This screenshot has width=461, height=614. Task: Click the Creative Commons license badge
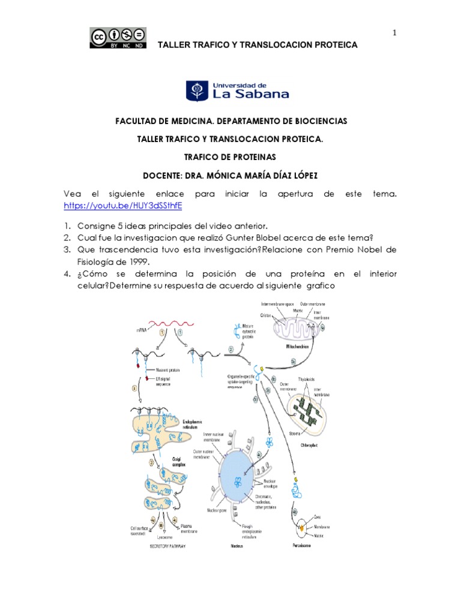pos(118,38)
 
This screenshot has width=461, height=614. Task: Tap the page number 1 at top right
pos(394,33)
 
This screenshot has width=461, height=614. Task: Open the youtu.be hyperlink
pos(122,205)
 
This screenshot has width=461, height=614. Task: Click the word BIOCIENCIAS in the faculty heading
pos(315,121)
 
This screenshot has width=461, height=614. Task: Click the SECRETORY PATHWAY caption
pos(162,547)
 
